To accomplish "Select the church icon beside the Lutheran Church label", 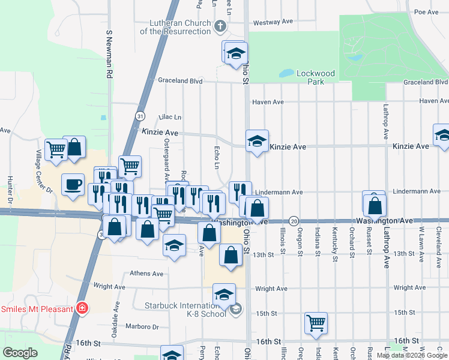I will pos(220,25).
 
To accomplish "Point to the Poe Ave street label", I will pos(427,12).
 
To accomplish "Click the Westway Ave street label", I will pos(273,22).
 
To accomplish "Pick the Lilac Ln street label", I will pos(169,117).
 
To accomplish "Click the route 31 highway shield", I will pos(139,116).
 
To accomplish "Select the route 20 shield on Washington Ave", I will pos(294,221).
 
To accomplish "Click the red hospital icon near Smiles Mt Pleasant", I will pos(82,309).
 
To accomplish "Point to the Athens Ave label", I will pos(146,274).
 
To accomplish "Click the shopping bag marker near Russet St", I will pos(375,205).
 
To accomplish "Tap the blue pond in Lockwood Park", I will pos(287,74).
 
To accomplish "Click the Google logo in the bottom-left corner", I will pos(20,353).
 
